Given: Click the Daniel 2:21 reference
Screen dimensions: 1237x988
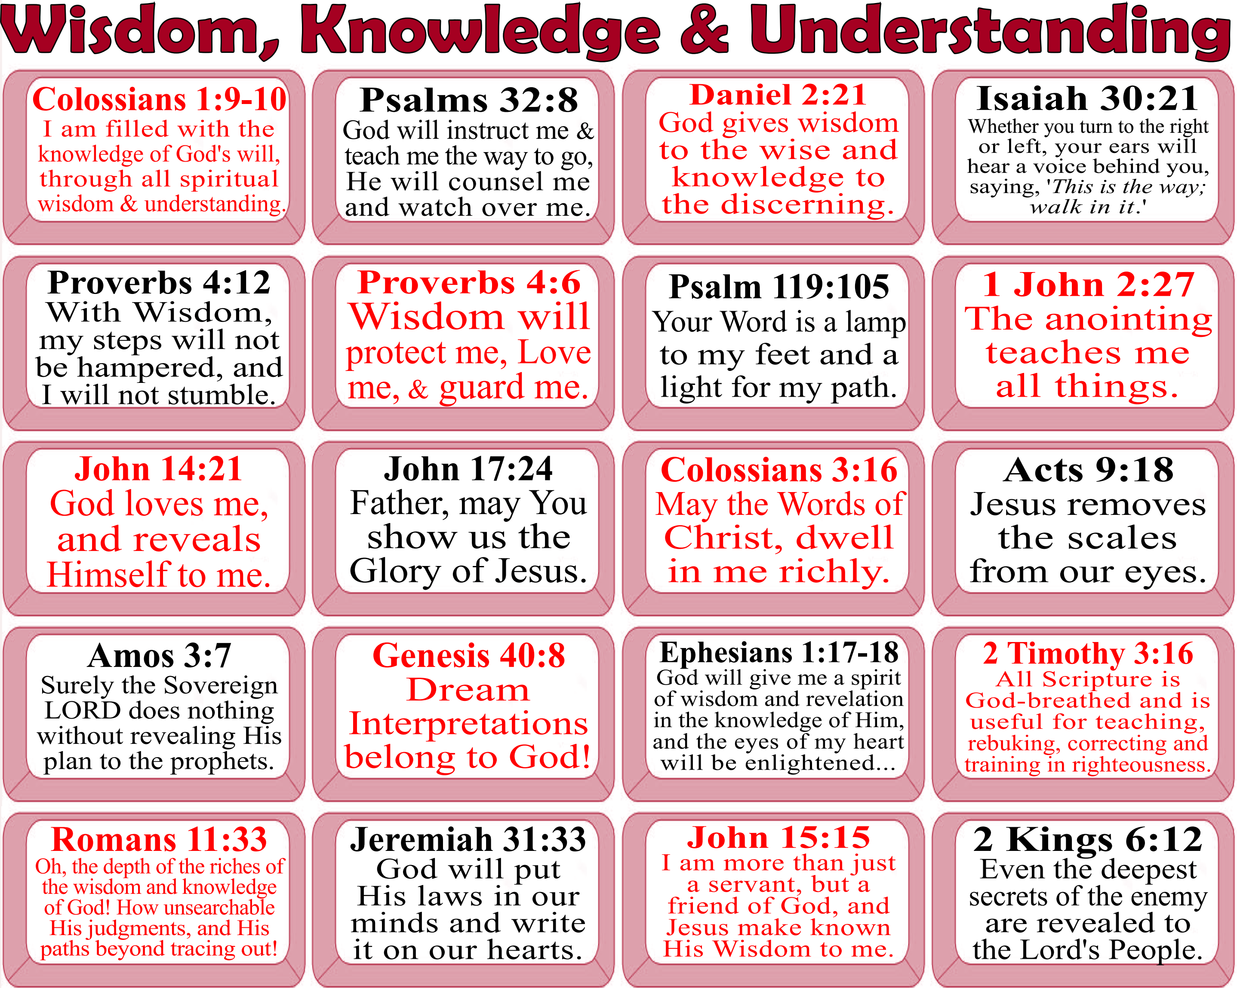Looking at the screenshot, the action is (x=778, y=95).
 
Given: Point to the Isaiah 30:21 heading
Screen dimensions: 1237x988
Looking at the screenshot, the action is (x=1087, y=98).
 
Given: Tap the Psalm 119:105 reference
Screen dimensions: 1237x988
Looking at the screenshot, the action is (x=779, y=287).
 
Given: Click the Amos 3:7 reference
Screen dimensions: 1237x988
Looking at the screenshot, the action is (x=159, y=655).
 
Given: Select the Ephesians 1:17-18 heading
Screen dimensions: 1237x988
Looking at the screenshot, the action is (x=779, y=652).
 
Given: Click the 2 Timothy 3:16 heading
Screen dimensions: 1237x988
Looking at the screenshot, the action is (x=1088, y=653).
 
